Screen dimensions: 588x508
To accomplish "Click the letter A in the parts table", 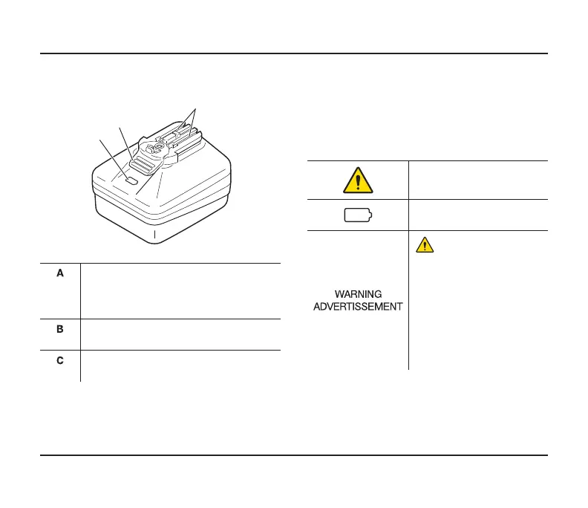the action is coord(61,273).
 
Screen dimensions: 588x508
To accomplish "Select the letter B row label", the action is coord(61,327).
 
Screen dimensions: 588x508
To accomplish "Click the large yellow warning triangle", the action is coord(358,179).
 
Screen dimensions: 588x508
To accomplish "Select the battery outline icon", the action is coord(358,216).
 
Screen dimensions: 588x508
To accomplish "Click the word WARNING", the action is coord(358,295).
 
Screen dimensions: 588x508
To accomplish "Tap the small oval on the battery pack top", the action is coord(131,180).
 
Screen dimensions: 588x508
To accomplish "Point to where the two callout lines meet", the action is coord(195,110).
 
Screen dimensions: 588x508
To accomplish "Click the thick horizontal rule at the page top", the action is coord(294,53).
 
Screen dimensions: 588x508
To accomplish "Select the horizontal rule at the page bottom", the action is coord(294,455).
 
